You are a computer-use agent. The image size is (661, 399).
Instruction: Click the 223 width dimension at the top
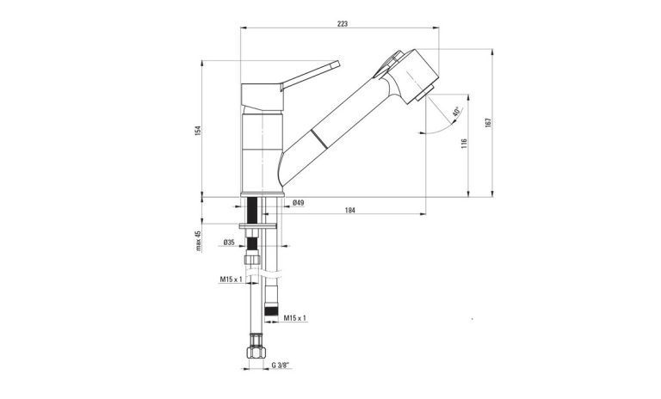(x=343, y=23)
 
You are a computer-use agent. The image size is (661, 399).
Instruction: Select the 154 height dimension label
(x=197, y=130)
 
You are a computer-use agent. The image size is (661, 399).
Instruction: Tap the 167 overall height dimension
(x=487, y=122)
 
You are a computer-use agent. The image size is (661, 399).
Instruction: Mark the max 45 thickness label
(x=197, y=244)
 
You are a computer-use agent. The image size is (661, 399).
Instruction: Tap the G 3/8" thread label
(x=282, y=365)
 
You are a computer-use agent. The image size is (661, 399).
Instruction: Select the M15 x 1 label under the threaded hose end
(x=295, y=318)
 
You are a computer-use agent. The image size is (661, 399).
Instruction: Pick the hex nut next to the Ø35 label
(x=253, y=261)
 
